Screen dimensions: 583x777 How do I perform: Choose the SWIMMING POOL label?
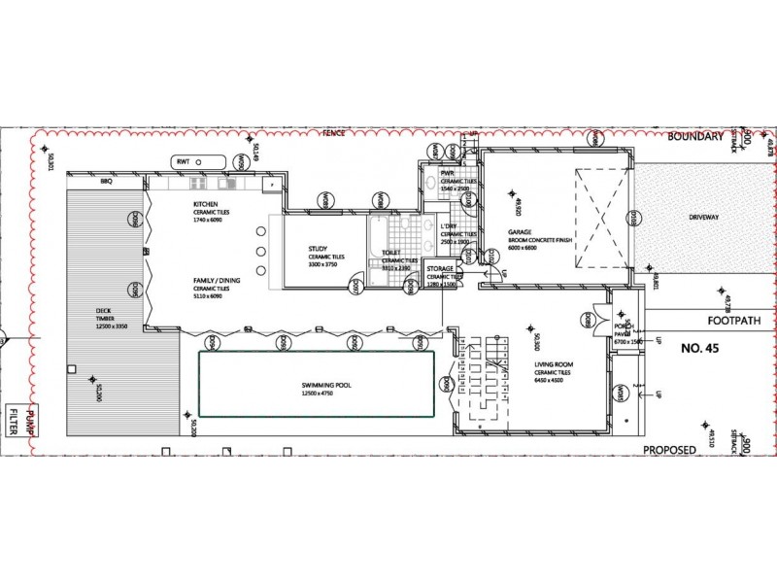(325, 385)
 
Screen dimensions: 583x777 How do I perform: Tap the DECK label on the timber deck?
(104, 310)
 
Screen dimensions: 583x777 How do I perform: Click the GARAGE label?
(519, 232)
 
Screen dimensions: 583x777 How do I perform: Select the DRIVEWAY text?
(704, 217)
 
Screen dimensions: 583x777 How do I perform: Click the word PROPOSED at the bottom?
(669, 450)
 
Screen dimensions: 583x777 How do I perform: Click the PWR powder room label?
(448, 172)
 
